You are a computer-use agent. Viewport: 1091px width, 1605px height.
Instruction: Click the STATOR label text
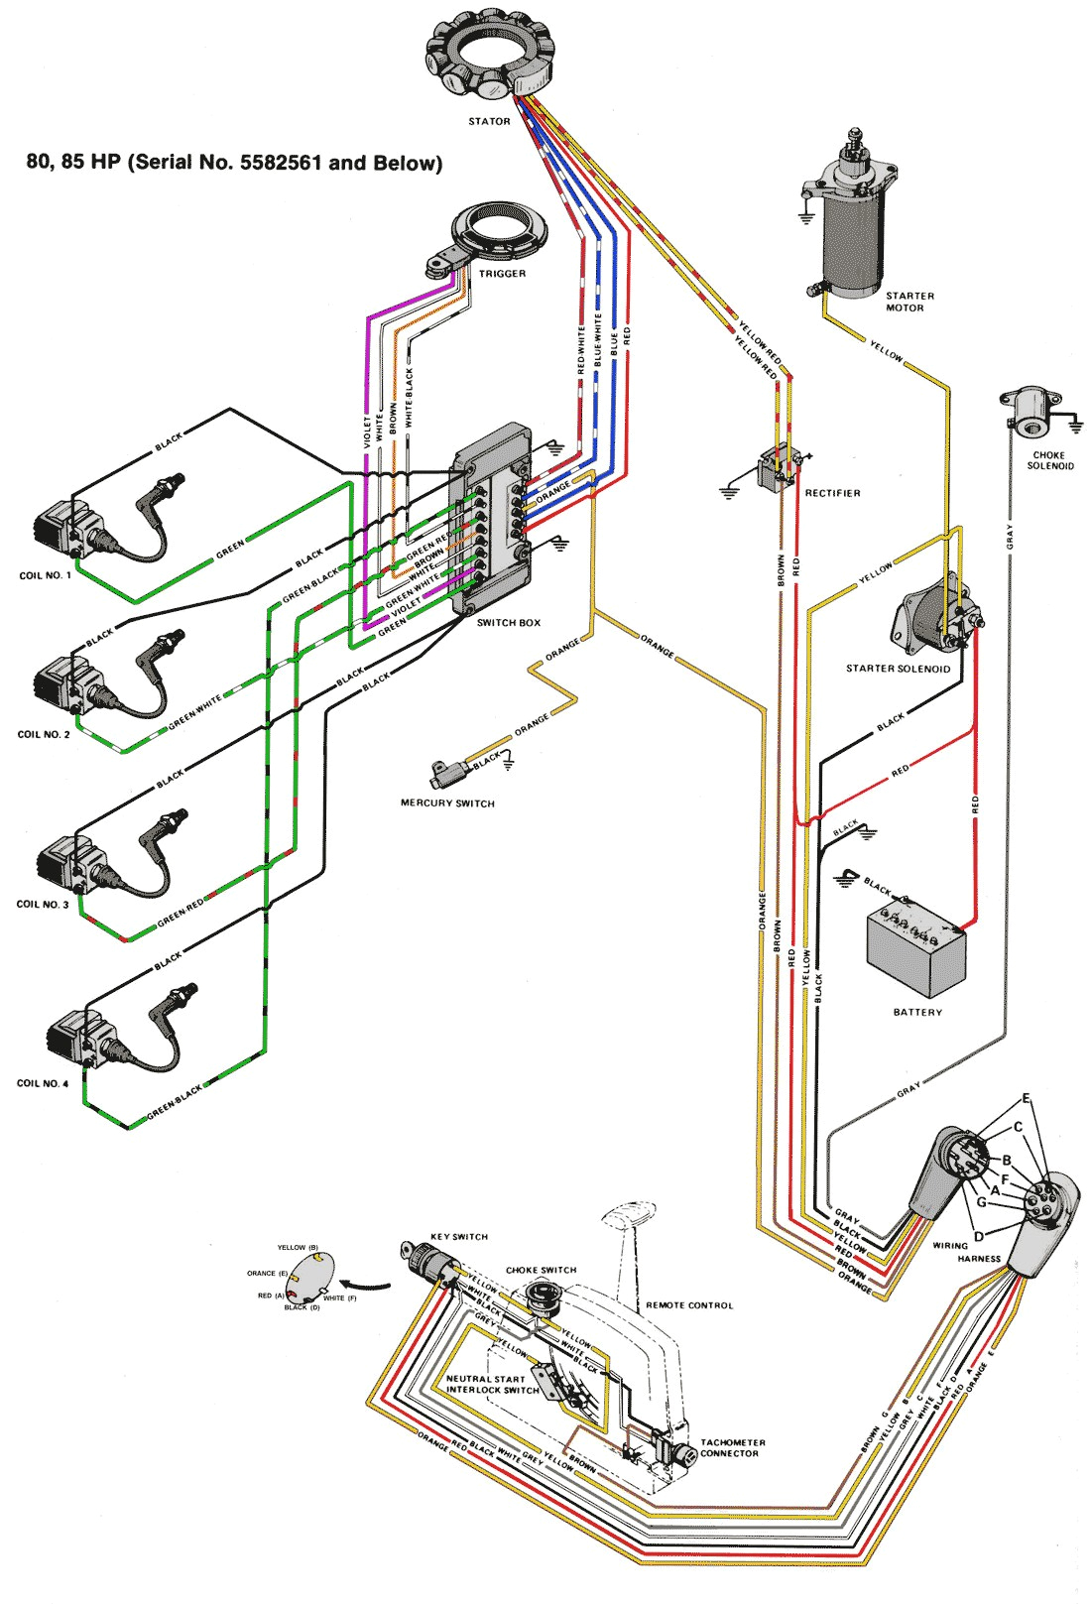(x=489, y=122)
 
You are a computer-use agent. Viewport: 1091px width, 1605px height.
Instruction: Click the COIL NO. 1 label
(x=45, y=575)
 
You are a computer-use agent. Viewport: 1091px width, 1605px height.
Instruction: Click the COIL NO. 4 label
(x=43, y=1083)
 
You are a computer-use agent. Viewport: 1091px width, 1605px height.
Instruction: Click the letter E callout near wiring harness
(x=1026, y=1098)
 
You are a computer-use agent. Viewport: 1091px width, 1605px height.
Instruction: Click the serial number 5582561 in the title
(x=280, y=163)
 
